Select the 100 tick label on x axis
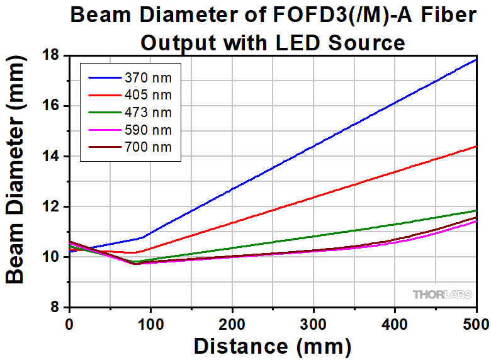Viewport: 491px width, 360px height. [x=151, y=324]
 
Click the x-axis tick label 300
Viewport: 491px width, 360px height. [x=313, y=324]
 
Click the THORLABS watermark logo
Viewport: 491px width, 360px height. [x=441, y=294]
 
